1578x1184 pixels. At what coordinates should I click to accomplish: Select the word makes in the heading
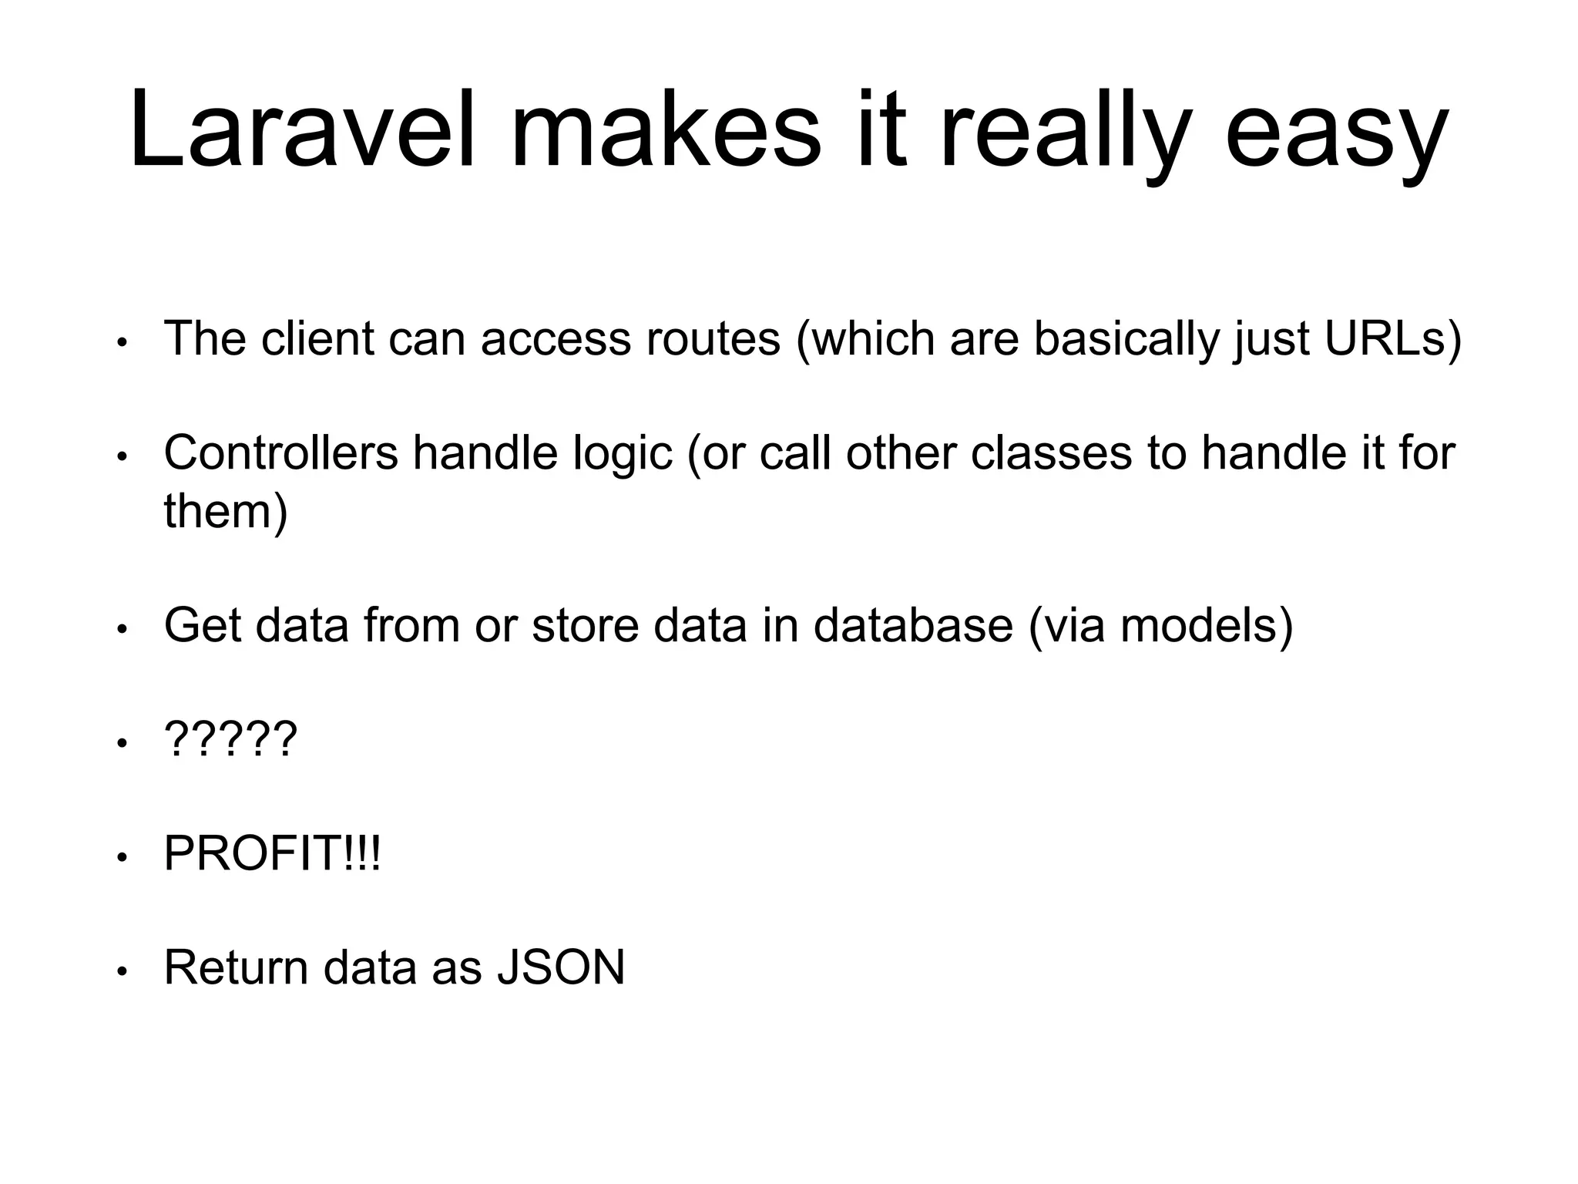click(666, 129)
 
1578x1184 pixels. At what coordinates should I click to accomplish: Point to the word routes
click(713, 340)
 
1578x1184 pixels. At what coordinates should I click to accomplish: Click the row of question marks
click(230, 739)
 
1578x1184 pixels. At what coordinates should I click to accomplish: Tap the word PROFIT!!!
click(272, 853)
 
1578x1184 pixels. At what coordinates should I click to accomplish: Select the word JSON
click(561, 967)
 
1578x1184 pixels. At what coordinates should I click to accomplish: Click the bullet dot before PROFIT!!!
click(121, 858)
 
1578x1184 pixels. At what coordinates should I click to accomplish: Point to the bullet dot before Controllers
click(121, 458)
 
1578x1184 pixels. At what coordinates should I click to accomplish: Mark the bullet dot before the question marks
click(121, 744)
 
